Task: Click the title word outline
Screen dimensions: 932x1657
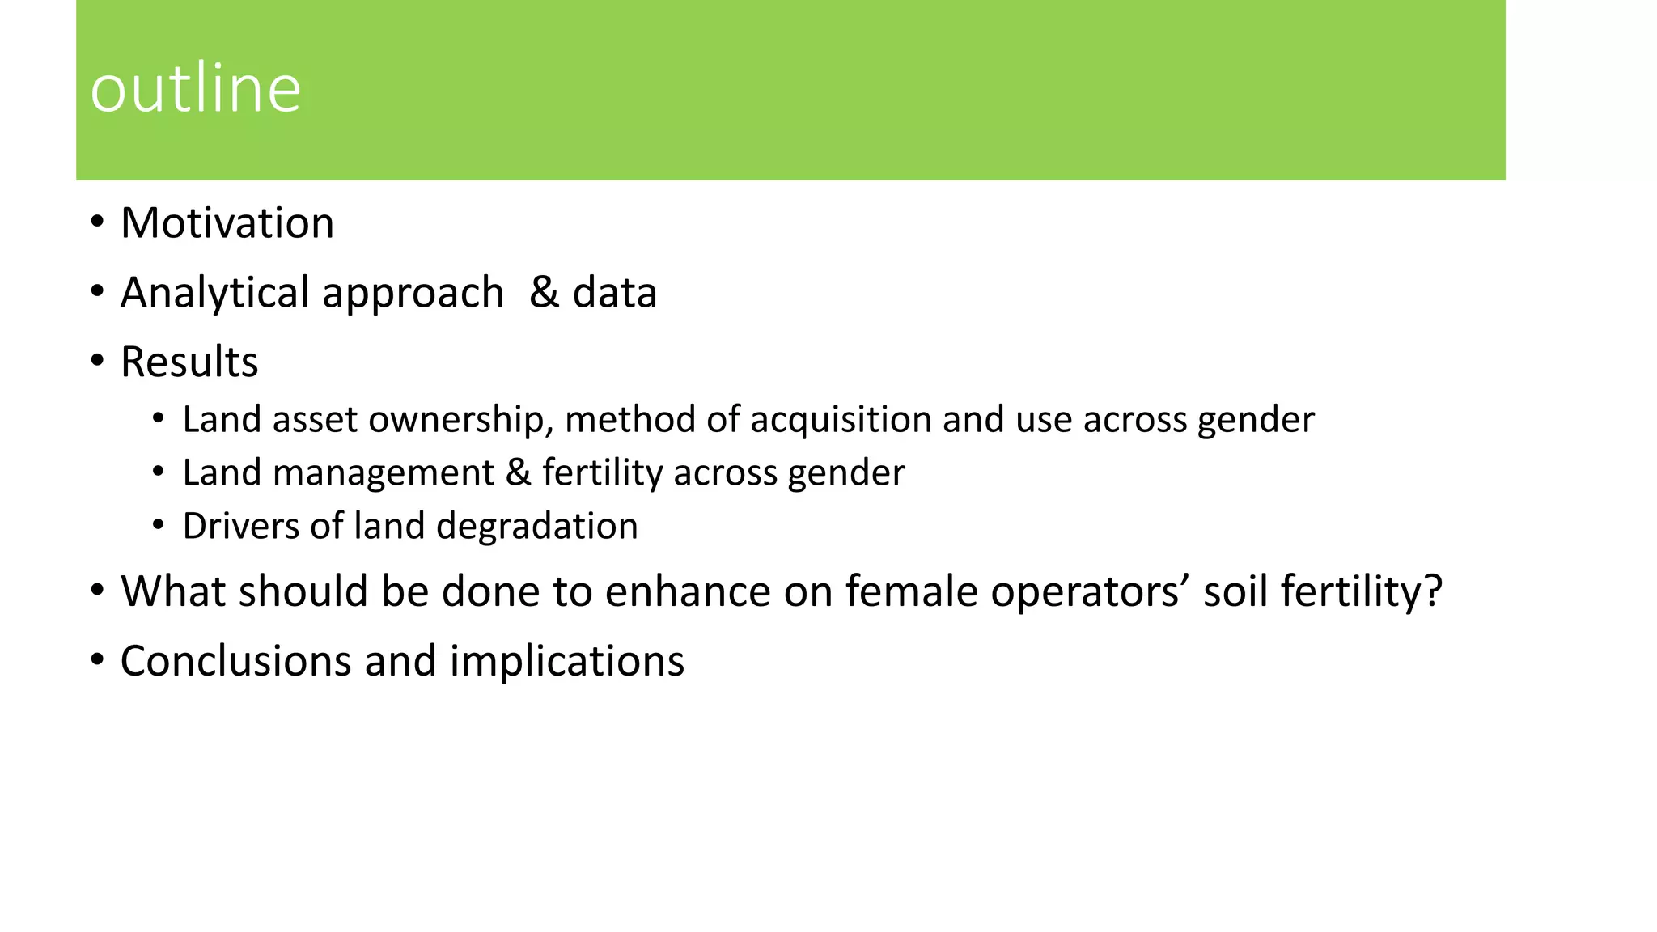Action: (x=195, y=88)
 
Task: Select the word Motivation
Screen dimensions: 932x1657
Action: (x=227, y=223)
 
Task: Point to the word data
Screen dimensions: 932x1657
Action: (x=615, y=293)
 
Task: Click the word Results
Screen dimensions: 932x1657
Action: (x=189, y=362)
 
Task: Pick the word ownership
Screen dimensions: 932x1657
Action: (x=461, y=420)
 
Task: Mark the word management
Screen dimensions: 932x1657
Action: (x=384, y=472)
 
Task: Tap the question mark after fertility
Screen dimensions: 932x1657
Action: (x=1433, y=591)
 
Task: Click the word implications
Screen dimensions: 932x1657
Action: (x=567, y=662)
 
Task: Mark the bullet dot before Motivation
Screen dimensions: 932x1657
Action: (x=98, y=222)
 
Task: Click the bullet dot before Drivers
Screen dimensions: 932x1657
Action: (x=159, y=525)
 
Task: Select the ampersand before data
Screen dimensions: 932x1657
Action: (x=545, y=293)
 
